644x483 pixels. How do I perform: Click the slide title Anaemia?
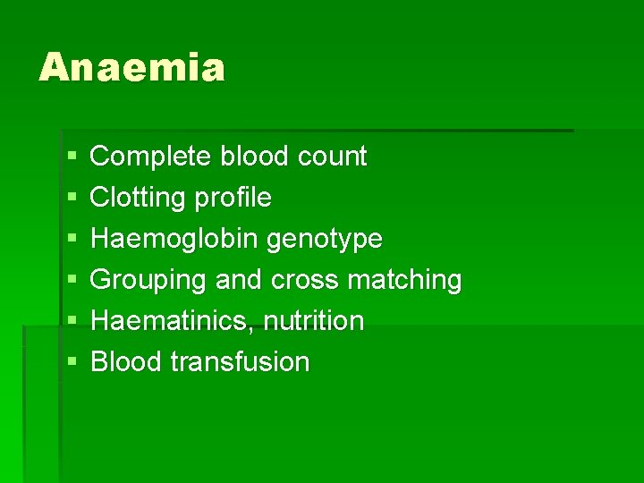(x=131, y=68)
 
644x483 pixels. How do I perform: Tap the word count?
(x=332, y=157)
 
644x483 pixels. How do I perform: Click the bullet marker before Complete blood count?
(x=71, y=157)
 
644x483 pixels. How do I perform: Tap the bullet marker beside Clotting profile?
(x=71, y=198)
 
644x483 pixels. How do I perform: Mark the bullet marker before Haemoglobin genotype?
(x=71, y=239)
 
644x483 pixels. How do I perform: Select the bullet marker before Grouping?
(x=71, y=280)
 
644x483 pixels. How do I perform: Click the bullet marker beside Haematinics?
(x=71, y=321)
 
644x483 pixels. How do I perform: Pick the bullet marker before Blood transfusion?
(x=71, y=362)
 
